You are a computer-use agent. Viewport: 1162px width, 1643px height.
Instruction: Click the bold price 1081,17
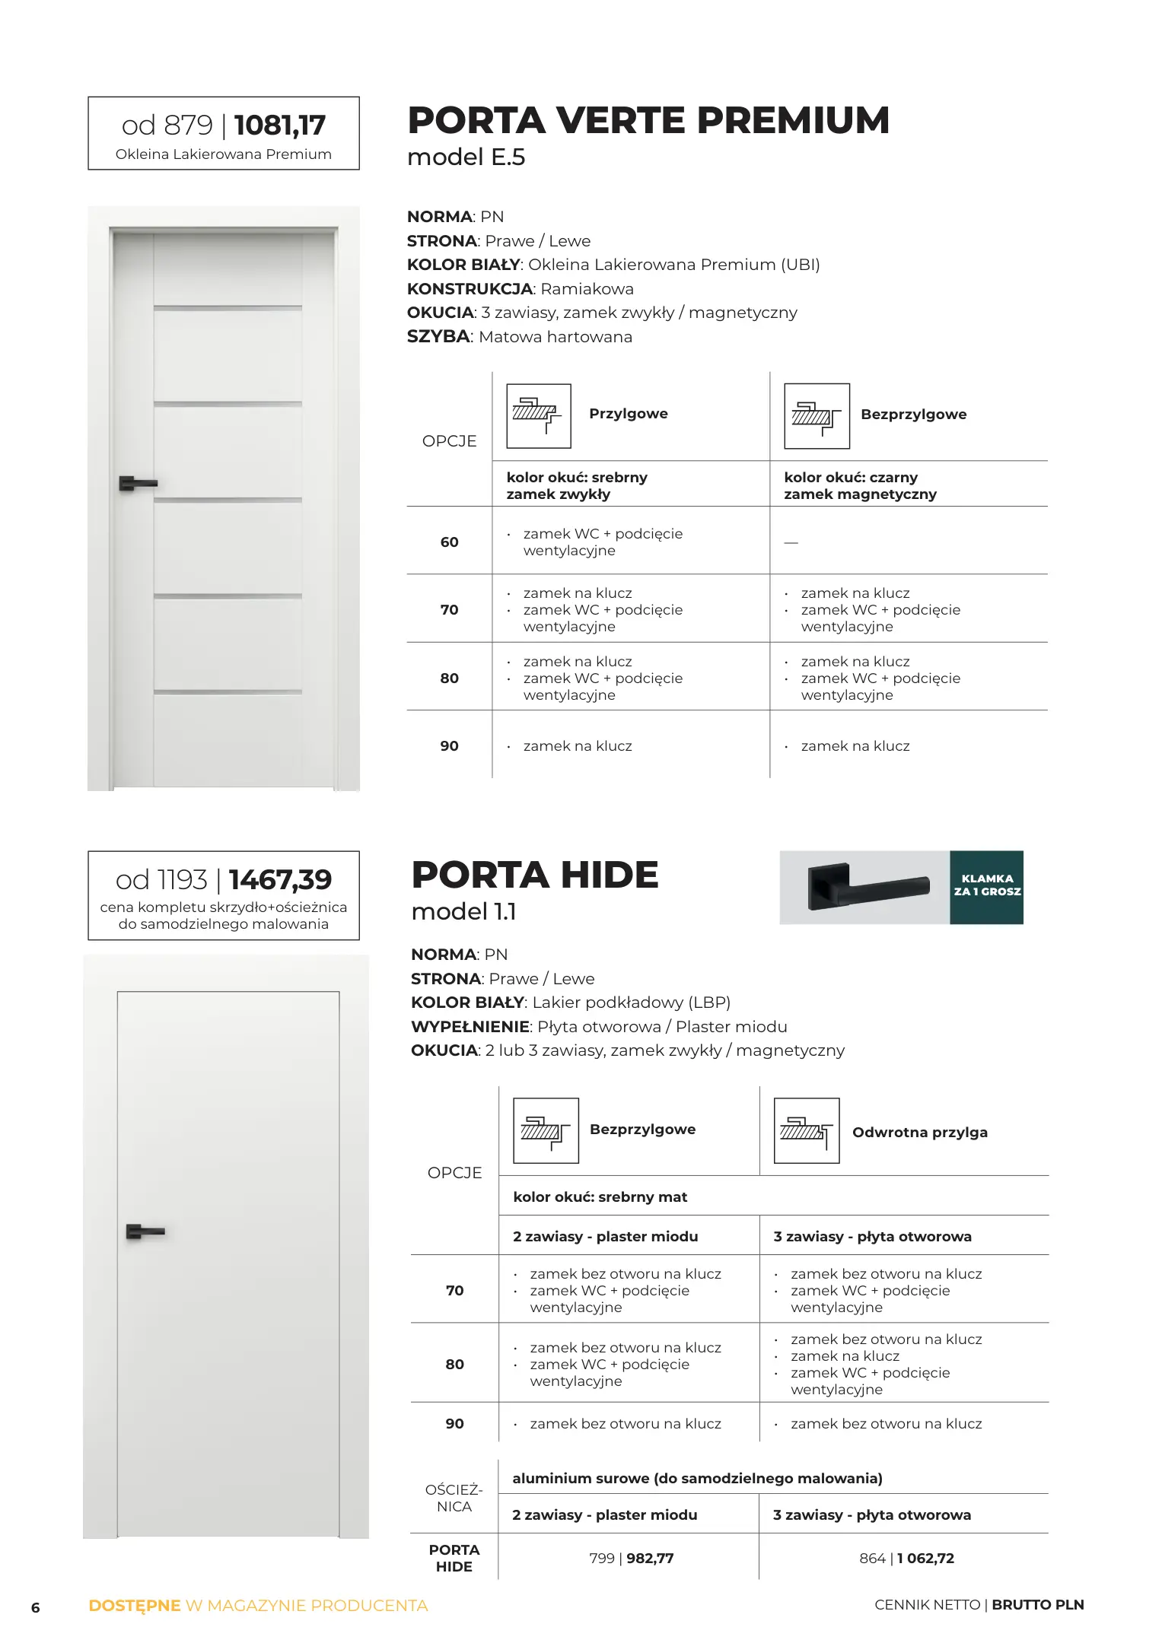coord(280,126)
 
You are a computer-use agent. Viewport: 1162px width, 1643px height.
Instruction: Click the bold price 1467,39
coord(280,880)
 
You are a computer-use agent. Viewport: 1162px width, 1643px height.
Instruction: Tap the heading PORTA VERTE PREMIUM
coord(648,120)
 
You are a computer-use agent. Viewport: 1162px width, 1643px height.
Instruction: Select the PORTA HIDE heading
coord(534,875)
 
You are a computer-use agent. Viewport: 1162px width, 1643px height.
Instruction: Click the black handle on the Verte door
coord(137,483)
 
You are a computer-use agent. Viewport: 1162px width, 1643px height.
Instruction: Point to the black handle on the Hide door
coord(145,1231)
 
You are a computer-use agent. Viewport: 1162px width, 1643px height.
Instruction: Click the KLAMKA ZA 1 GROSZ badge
coord(986,887)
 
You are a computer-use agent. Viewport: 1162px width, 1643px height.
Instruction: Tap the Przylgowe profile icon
coord(538,416)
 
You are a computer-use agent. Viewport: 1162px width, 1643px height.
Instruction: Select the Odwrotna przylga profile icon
coord(806,1131)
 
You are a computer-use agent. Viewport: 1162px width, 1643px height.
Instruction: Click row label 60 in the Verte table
coord(449,542)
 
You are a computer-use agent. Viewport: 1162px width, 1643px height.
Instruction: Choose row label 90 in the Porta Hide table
coord(454,1424)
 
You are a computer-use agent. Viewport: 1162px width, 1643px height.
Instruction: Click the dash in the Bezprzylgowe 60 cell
coord(791,543)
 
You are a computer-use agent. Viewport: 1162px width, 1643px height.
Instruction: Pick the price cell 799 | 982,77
coord(631,1559)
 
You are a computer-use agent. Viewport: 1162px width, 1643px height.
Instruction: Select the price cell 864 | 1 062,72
coord(906,1559)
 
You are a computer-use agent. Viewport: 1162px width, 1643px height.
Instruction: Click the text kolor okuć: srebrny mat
coord(600,1197)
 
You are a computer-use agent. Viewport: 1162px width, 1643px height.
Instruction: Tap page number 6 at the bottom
coord(35,1607)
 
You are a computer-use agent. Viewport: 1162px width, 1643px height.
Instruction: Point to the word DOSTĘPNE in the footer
coord(135,1606)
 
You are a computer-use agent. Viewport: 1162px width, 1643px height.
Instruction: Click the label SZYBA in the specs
coord(438,337)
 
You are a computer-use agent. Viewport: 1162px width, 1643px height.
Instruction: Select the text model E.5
coord(466,157)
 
